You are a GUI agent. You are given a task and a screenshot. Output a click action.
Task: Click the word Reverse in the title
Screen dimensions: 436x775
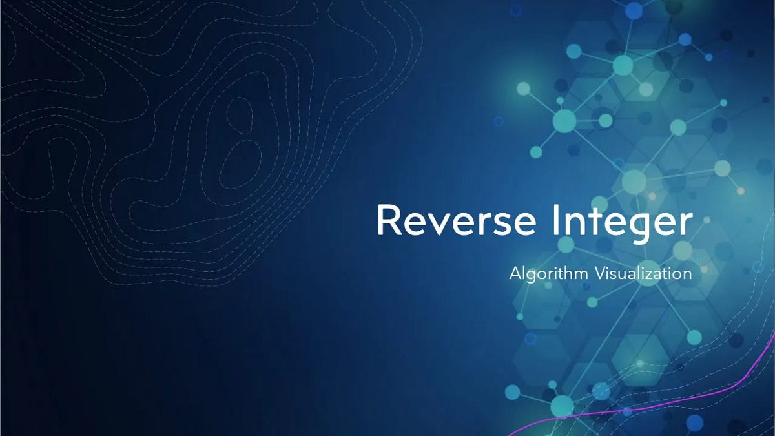click(x=456, y=221)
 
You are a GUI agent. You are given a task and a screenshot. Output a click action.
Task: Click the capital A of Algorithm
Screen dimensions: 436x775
click(x=515, y=273)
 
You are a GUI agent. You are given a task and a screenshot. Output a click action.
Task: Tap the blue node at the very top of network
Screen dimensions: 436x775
click(x=634, y=10)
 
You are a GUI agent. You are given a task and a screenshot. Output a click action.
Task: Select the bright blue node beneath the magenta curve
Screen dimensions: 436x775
click(x=694, y=423)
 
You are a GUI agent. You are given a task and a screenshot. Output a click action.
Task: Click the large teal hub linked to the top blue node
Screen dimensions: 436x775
click(x=623, y=65)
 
